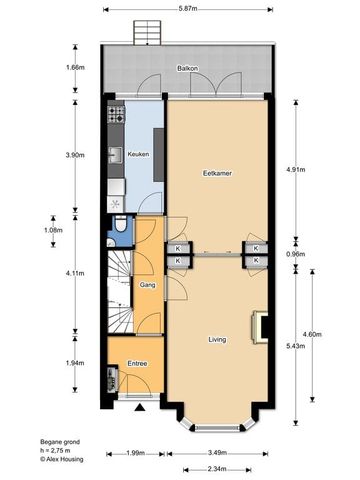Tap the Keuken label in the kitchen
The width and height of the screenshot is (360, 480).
point(138,154)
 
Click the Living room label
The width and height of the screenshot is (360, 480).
point(217,339)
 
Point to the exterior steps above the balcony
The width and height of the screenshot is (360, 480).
point(145,34)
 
